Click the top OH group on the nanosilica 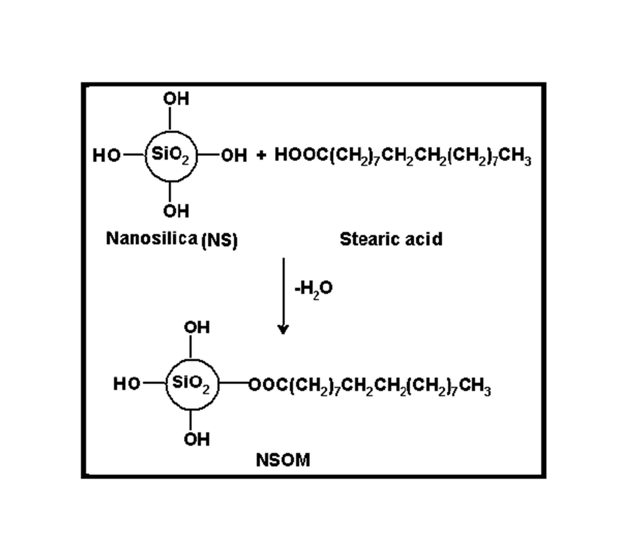point(176,99)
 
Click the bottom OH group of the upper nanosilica point(176,211)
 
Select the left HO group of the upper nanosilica point(106,155)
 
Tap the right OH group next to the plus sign point(234,155)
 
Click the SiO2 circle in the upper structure point(171,156)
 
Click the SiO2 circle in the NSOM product point(192,384)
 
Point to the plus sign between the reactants point(261,155)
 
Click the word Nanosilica point(151,238)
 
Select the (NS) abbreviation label point(220,240)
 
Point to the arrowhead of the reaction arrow point(283,329)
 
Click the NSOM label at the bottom point(283,460)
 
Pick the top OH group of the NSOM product point(197,327)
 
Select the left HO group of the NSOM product point(127,384)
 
